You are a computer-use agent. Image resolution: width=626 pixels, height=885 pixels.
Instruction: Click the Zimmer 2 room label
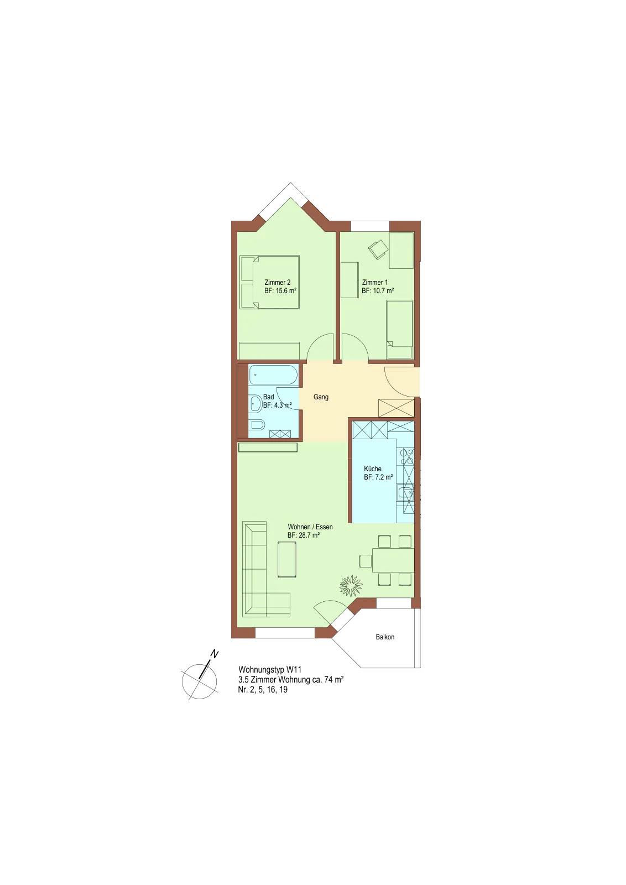(x=277, y=283)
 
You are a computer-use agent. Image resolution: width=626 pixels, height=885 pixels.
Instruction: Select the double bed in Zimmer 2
(x=269, y=282)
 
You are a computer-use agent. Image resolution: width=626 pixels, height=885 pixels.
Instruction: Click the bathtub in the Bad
(x=273, y=374)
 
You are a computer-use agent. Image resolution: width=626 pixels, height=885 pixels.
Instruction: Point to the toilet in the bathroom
(x=257, y=424)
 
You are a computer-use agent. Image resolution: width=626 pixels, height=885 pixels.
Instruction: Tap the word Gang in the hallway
(x=321, y=397)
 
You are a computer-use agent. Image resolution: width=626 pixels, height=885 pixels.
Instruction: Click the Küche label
(x=372, y=469)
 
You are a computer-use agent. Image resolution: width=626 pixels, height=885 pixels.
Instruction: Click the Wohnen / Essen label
(x=310, y=527)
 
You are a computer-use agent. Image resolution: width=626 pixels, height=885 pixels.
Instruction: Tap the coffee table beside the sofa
(x=287, y=560)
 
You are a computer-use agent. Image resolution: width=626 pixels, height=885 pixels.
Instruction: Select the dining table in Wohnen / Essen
(x=393, y=560)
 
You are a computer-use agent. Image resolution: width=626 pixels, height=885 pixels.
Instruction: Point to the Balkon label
(x=385, y=637)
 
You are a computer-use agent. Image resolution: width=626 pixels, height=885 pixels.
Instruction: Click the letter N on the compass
(x=214, y=654)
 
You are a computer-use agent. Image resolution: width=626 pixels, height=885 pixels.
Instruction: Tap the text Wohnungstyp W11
(x=270, y=670)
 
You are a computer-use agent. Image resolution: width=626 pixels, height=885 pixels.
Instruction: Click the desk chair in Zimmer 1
(x=378, y=249)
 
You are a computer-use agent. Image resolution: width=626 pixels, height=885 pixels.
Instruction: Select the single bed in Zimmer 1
(x=400, y=330)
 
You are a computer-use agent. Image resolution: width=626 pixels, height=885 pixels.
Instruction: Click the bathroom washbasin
(x=256, y=404)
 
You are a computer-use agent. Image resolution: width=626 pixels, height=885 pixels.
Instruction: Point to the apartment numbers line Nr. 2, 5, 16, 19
(x=263, y=690)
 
